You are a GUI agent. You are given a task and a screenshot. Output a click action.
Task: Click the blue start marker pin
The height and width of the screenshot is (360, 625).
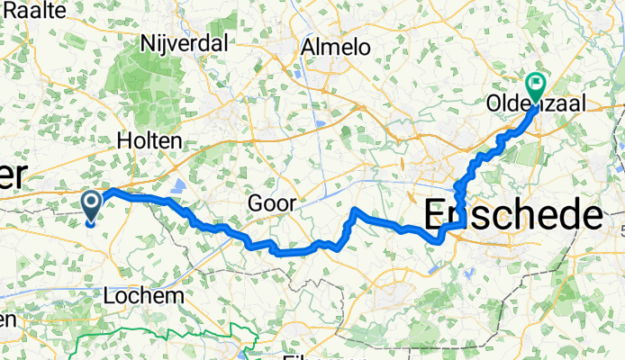point(92,204)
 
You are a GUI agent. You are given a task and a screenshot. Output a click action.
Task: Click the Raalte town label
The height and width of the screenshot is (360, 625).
point(35,10)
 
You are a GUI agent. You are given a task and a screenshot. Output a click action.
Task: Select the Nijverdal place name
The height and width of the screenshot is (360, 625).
point(185,41)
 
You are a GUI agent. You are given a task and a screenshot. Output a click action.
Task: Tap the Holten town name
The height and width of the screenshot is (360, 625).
point(149,140)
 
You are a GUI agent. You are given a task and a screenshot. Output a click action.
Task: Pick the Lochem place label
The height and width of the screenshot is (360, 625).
point(144,295)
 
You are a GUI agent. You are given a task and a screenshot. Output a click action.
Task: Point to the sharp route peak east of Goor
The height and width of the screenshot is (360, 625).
point(356,210)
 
